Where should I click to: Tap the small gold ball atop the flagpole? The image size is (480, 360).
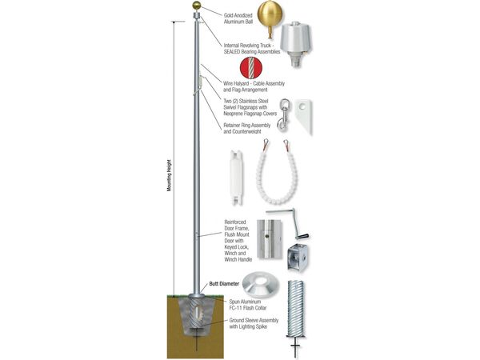tap(195, 6)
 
